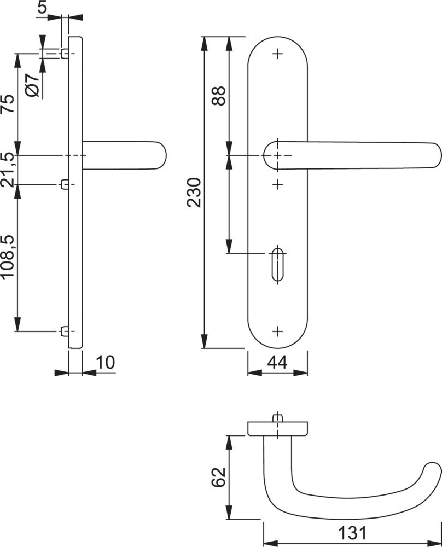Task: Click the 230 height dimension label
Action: click(x=194, y=193)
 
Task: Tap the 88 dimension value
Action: click(x=219, y=96)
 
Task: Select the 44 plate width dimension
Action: click(x=277, y=363)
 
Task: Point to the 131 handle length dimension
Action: click(x=352, y=533)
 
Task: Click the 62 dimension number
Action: click(x=219, y=477)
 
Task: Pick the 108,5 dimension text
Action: click(x=8, y=257)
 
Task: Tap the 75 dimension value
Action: click(x=8, y=103)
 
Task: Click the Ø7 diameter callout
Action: click(x=33, y=85)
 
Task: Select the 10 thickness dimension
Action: click(x=105, y=363)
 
